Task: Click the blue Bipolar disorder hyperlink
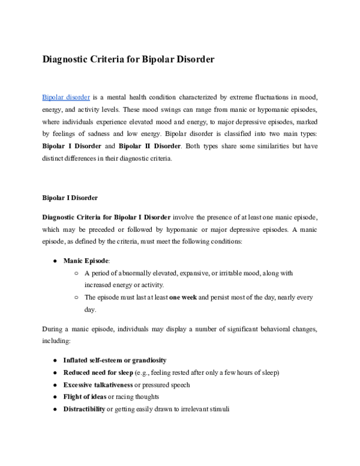(x=66, y=97)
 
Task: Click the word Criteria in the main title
(x=110, y=60)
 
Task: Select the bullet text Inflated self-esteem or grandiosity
(x=115, y=360)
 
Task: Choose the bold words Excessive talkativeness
(x=98, y=384)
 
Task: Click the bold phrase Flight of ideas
(x=84, y=396)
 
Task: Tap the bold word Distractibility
(x=84, y=408)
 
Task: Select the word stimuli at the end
(x=217, y=408)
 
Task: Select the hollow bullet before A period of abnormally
(x=77, y=273)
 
